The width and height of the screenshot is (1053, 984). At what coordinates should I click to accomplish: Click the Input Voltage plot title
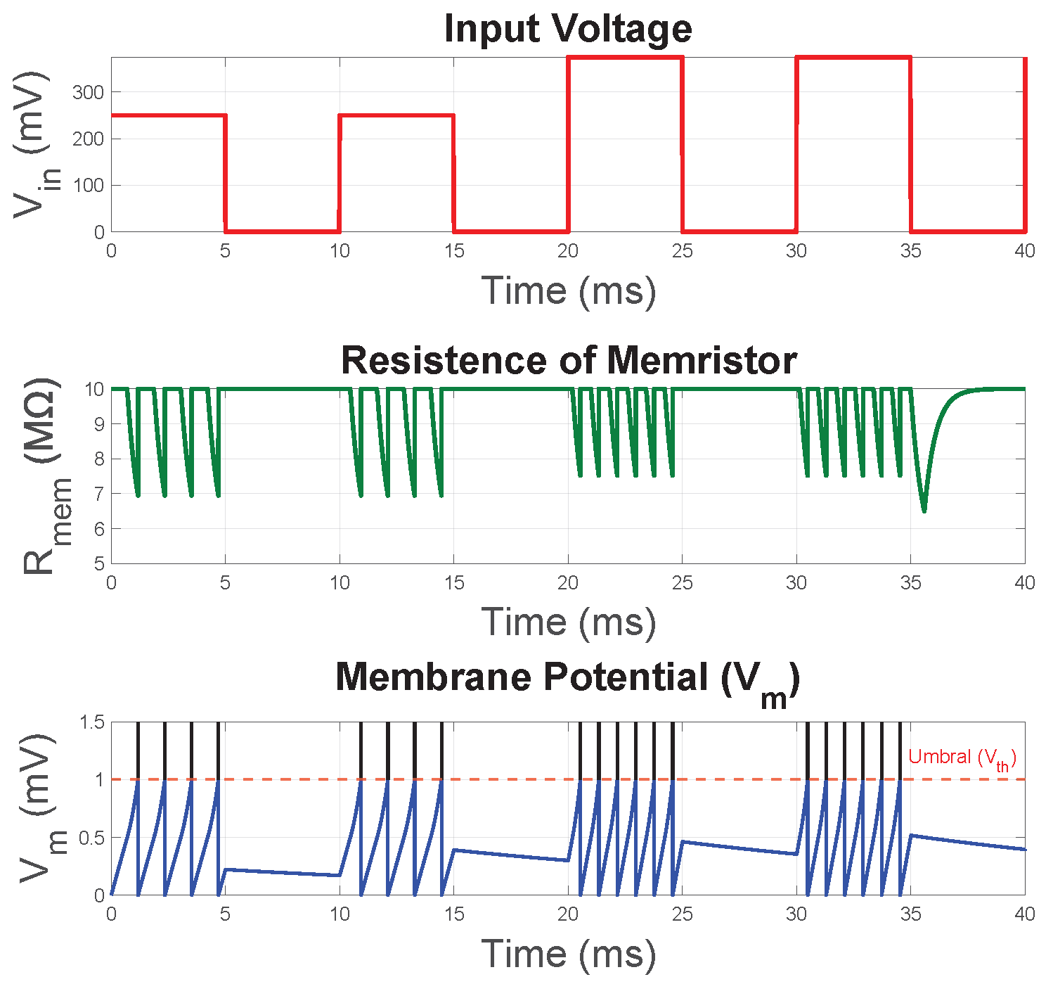(568, 29)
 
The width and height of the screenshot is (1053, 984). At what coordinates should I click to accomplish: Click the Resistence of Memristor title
(568, 360)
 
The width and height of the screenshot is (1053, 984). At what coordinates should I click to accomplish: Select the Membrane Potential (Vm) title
(568, 679)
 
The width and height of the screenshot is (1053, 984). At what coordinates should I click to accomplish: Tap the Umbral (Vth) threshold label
(962, 758)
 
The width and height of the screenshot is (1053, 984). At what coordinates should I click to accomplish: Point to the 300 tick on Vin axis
(88, 92)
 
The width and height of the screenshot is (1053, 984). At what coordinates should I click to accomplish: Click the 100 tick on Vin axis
(88, 186)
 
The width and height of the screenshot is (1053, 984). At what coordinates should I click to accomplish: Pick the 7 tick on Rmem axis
(98, 494)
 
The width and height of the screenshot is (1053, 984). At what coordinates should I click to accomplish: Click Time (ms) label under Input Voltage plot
(568, 290)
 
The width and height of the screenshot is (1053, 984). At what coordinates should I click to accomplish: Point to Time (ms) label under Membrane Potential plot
(568, 954)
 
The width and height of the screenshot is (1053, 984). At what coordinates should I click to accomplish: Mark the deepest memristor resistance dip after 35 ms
(924, 511)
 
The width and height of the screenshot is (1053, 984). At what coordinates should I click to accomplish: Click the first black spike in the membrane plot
(138, 750)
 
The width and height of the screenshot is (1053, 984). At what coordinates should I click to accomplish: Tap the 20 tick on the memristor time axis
(568, 582)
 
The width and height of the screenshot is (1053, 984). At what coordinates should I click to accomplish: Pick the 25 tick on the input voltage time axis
(682, 251)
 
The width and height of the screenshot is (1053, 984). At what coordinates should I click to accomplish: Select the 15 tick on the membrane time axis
(454, 914)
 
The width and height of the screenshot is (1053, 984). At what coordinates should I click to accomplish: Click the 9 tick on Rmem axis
(98, 424)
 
